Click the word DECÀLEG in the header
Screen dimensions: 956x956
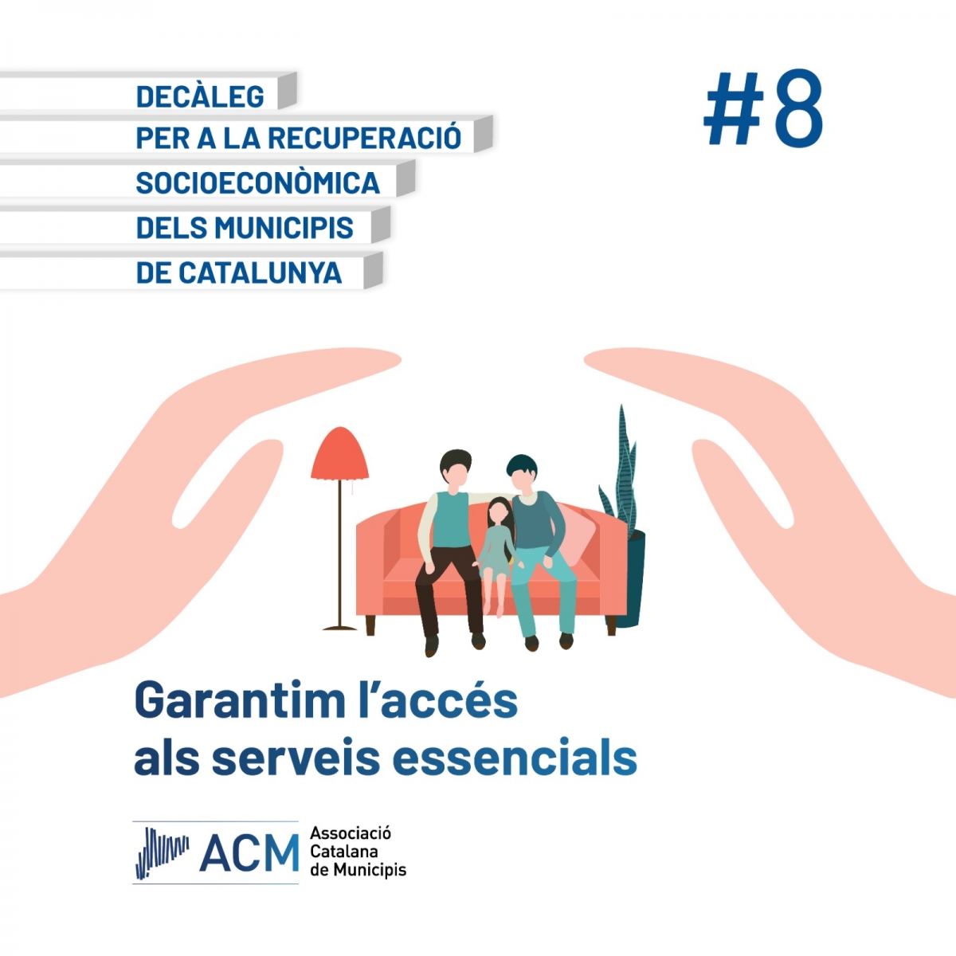pos(200,96)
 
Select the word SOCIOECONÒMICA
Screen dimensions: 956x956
pos(258,182)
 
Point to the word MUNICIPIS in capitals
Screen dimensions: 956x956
pos(284,227)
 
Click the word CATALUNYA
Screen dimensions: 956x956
pos(261,272)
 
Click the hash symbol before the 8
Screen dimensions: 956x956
pos(733,108)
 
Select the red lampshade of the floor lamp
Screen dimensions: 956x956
pos(340,453)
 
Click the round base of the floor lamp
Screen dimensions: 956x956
pos(340,628)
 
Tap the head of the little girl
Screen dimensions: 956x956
pos(500,512)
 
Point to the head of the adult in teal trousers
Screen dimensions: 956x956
pos(522,474)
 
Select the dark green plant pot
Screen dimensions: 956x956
pos(633,578)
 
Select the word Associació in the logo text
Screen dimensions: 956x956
pos(351,833)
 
